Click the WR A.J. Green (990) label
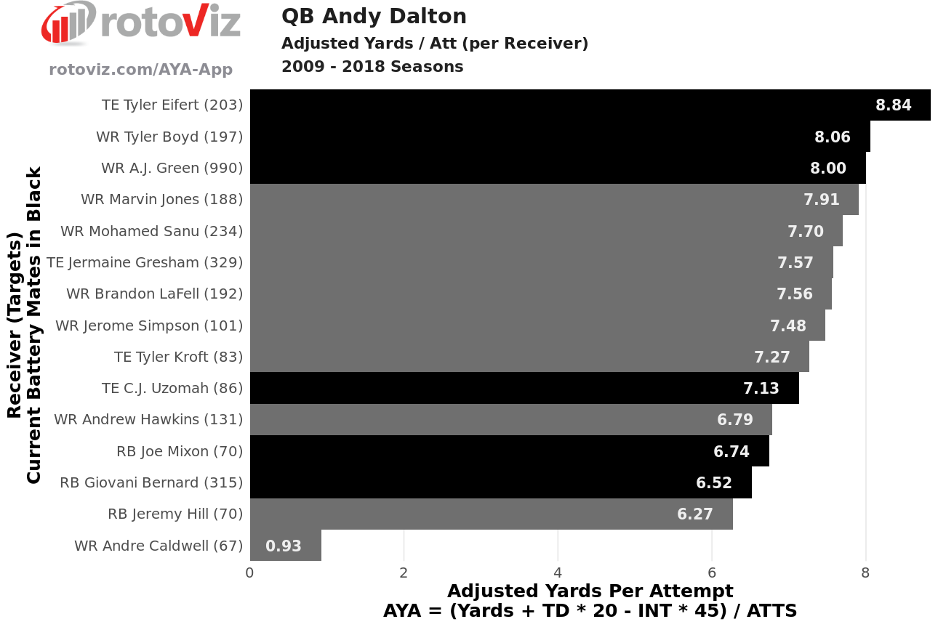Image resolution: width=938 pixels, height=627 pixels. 172,168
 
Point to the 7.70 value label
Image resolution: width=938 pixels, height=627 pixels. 806,231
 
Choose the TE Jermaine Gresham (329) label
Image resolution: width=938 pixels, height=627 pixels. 145,262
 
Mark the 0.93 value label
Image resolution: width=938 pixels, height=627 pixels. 284,546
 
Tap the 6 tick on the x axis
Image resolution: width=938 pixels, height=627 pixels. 712,573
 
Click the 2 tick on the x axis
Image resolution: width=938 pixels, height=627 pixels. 404,573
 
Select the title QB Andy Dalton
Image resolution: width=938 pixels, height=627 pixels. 374,16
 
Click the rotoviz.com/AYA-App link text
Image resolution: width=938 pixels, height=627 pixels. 141,69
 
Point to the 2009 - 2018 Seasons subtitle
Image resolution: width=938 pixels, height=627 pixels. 372,67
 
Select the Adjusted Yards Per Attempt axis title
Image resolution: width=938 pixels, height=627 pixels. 590,591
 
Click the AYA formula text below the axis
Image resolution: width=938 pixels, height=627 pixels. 590,610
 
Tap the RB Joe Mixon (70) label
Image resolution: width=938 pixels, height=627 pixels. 180,451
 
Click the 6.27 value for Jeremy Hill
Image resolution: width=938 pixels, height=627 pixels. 695,514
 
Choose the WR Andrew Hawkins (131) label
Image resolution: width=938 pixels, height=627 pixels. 148,419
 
